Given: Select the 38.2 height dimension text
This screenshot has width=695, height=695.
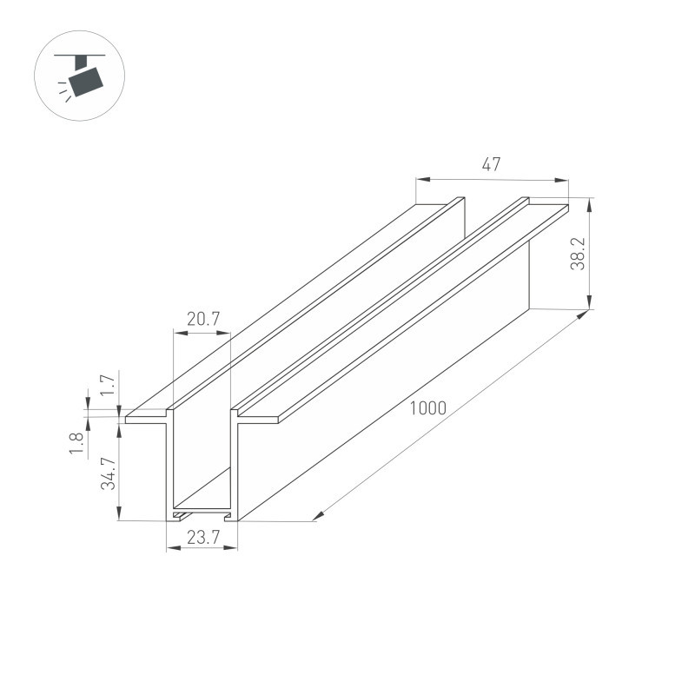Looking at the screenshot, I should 578,254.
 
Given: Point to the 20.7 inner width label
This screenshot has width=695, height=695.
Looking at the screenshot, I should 202,320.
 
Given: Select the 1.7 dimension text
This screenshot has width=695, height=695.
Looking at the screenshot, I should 108,385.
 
